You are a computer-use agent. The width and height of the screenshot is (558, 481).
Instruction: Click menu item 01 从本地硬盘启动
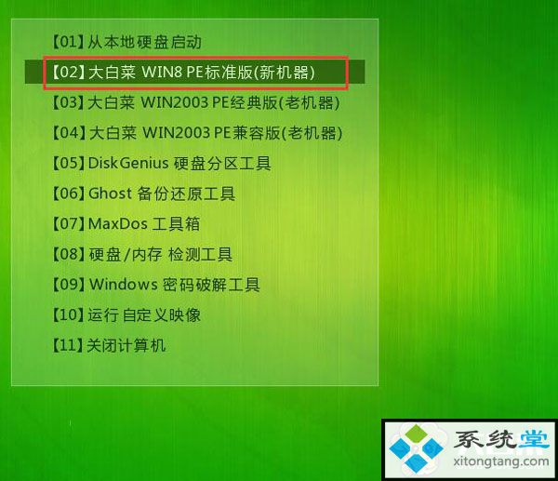pos(127,42)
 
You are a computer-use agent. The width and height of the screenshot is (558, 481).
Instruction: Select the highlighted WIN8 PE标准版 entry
pos(183,73)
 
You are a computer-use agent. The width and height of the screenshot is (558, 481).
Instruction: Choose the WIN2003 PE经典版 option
pos(195,102)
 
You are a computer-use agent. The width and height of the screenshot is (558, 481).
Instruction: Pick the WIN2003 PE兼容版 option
pos(197,133)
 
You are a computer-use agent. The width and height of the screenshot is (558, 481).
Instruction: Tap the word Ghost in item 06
pos(110,194)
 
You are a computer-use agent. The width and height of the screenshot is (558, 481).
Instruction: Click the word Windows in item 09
pos(123,284)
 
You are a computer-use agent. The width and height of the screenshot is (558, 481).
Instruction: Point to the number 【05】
pos(69,163)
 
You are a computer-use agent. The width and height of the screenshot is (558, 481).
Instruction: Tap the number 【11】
pos(69,345)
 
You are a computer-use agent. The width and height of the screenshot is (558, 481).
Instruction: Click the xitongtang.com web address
pos(501,461)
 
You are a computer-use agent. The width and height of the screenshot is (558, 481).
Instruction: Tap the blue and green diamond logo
pos(416,448)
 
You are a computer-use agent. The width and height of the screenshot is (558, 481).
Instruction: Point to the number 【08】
pos(69,254)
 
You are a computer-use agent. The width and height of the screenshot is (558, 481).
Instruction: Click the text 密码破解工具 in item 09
pos(211,285)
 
